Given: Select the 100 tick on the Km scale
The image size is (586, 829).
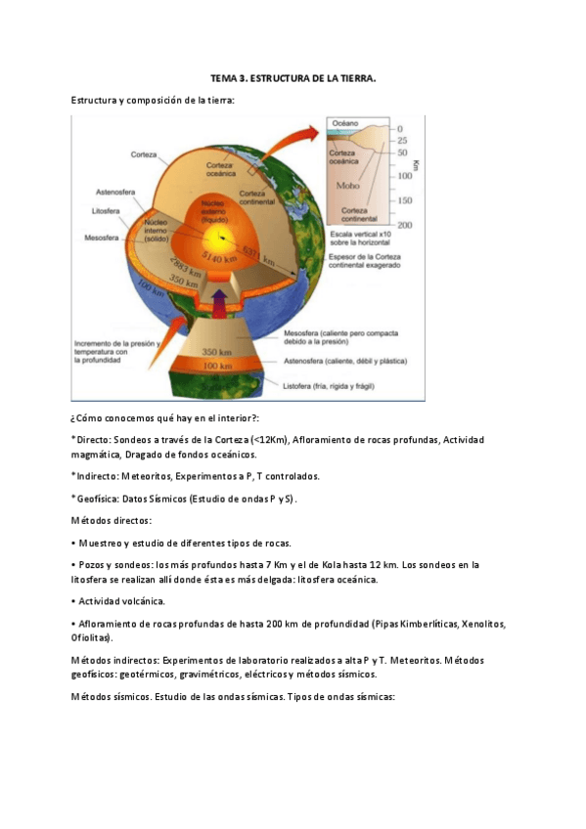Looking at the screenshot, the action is (403, 176).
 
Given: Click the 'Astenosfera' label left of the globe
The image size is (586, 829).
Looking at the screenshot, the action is (114, 192).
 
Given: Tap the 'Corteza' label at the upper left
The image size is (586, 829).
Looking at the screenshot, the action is (146, 154).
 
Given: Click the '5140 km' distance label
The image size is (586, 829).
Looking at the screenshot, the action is (219, 256).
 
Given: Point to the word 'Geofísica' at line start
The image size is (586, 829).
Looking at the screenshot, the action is (99, 498).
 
